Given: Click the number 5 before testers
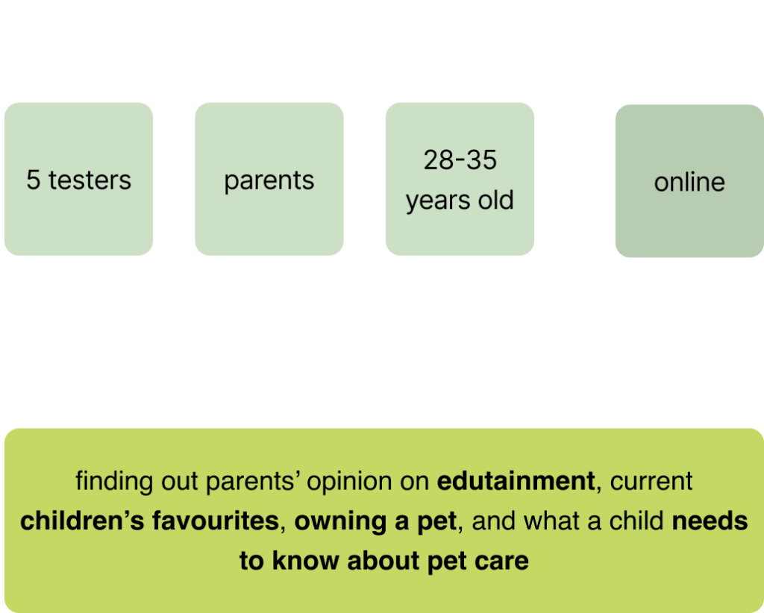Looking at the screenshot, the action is [x=33, y=180].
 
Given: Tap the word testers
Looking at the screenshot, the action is [x=90, y=180].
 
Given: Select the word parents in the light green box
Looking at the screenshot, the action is [x=269, y=181].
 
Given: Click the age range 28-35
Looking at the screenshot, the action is [x=460, y=160].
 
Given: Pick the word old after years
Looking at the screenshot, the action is [x=496, y=200].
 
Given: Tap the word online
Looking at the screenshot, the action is [x=689, y=182].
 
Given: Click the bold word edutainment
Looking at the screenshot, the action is [x=516, y=481].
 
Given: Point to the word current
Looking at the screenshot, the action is [x=651, y=482].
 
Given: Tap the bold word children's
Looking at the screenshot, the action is [x=82, y=521].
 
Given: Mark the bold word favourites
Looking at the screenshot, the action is [x=216, y=521].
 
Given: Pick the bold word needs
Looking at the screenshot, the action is [x=710, y=521].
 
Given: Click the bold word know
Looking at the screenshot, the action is [x=305, y=561].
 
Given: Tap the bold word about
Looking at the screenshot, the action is [x=383, y=561].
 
